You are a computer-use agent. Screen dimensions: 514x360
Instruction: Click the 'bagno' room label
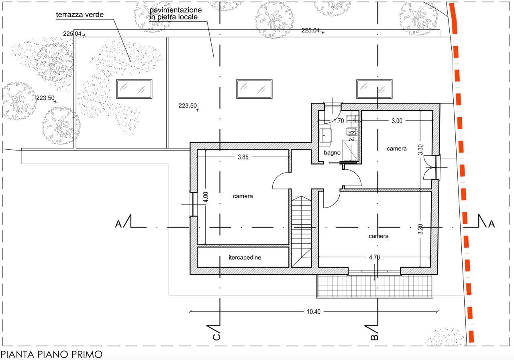[x=332, y=153]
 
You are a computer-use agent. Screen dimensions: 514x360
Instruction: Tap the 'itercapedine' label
[x=245, y=258]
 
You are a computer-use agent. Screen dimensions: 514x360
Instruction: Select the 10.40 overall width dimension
[x=314, y=311]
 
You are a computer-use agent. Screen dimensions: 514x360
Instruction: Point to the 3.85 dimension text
[x=243, y=157]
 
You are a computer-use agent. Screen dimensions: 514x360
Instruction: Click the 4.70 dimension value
[x=374, y=257]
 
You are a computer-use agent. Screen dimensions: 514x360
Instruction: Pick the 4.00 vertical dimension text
[x=206, y=197]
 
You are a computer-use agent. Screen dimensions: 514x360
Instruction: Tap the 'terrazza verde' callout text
[x=80, y=15]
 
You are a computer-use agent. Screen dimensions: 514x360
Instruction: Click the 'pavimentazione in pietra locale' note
[x=175, y=13]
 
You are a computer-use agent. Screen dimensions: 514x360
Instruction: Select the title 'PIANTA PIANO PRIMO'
[x=51, y=354]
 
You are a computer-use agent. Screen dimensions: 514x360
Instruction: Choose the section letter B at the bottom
[x=375, y=337]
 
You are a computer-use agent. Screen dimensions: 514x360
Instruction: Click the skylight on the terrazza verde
[x=134, y=89]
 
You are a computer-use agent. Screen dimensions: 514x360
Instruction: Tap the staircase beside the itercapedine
[x=301, y=232]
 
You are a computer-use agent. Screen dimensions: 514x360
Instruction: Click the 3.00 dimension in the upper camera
[x=397, y=121]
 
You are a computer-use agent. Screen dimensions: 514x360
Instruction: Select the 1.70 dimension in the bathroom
[x=339, y=121]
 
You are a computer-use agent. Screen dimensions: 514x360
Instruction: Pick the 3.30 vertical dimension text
[x=420, y=150]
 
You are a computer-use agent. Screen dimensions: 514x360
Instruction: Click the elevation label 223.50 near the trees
[x=45, y=98]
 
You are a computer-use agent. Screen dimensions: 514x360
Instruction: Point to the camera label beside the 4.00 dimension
[x=243, y=196]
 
